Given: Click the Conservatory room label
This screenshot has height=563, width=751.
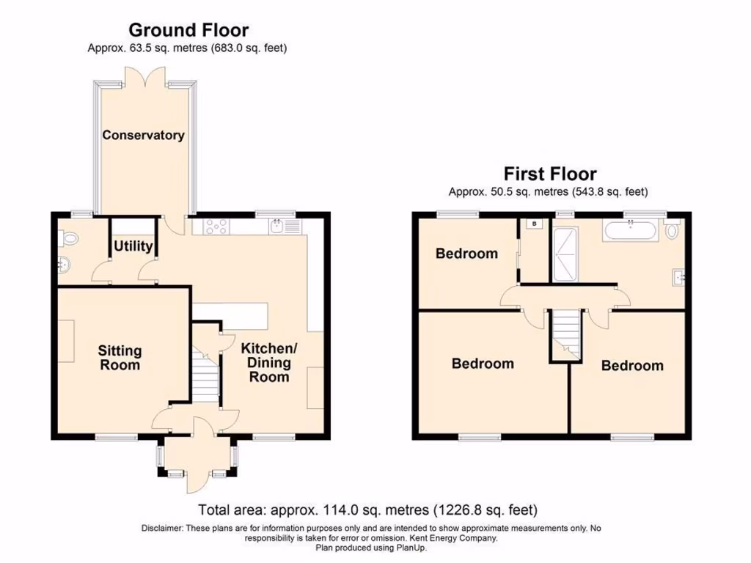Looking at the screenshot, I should pos(143,136).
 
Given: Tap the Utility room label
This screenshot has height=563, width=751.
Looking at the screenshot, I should pos(133,246).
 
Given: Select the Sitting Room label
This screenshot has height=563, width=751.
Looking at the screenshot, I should pos(119,358).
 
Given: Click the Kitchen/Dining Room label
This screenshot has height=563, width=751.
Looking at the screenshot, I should pos(269,362).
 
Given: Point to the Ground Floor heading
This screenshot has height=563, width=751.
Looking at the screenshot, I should pos(188,30).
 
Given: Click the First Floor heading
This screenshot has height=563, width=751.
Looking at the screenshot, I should pos(549,174).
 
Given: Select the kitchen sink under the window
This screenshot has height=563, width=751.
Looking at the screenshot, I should pos(278,226).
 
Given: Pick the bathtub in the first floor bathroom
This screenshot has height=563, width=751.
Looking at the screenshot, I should pos(631,232).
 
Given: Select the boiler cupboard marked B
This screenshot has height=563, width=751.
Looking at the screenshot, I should pos(534,224).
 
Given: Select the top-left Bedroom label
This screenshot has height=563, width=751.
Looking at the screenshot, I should pos(466,254).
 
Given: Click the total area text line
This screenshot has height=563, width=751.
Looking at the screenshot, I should pos(368,509).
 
